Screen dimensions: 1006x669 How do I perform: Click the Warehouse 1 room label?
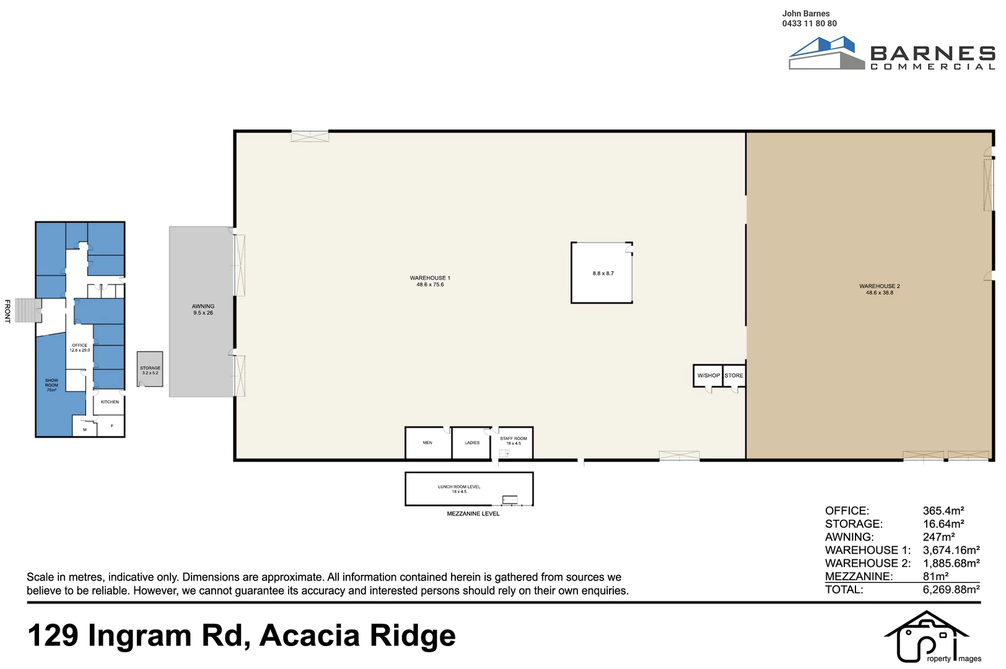pos(430,281)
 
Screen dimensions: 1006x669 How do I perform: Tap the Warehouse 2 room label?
pos(880,289)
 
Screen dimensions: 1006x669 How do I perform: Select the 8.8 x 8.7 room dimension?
pos(603,273)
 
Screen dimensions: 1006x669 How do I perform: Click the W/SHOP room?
pos(708,376)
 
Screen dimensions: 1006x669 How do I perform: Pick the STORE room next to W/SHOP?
pos(734,376)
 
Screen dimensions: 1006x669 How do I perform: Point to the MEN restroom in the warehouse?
pos(428,443)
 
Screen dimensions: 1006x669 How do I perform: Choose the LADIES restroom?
pos(471,443)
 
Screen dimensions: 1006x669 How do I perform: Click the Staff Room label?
pos(514,441)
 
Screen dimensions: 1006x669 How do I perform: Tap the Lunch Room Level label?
pos(459,489)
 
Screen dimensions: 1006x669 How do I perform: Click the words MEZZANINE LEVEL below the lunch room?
pos(473,514)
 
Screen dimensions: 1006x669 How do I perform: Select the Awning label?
pos(203,309)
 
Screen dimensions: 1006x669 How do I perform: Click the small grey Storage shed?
pos(150,369)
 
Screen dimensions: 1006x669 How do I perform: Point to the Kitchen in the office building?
pos(110,402)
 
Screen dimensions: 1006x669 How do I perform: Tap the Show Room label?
pos(51,385)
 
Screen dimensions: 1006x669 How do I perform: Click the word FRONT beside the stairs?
pos(7,311)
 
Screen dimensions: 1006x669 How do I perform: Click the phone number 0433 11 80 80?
pos(809,24)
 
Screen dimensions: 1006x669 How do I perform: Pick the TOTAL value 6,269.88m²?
pos(951,590)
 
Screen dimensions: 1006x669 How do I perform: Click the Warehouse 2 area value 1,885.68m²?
pos(951,563)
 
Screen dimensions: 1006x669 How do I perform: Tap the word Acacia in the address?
pos(310,636)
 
